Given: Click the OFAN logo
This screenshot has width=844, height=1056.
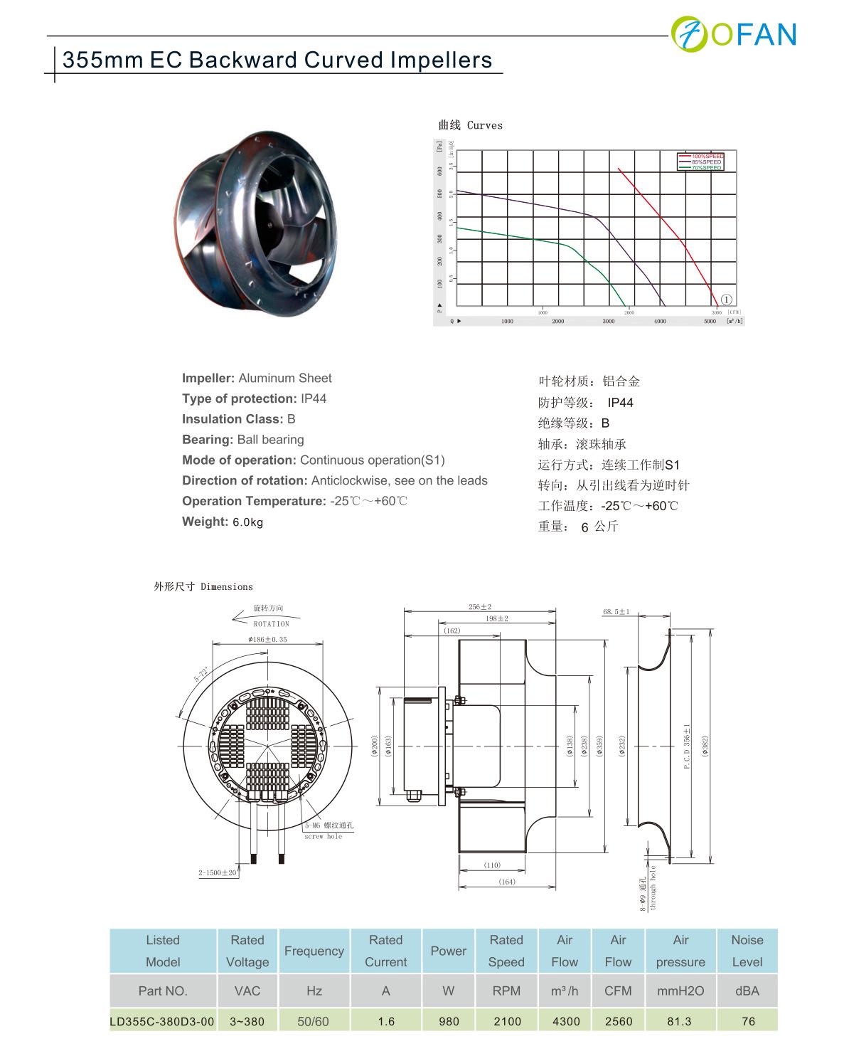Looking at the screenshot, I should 735,33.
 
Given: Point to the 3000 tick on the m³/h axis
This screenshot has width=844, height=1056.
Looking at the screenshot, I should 609,322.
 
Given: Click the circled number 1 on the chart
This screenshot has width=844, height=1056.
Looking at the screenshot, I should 727,300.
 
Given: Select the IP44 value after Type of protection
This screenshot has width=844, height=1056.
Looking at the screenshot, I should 313,398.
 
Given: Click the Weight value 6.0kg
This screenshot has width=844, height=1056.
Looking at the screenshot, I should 247,522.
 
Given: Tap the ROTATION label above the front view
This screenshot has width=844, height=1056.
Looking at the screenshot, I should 272,623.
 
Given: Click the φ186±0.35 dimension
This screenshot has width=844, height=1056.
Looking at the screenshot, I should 268,640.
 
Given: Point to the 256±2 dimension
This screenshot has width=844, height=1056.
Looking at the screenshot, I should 480,607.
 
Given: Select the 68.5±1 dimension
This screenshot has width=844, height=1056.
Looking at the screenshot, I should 616,612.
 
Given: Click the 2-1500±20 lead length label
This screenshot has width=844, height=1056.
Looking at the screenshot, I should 218,872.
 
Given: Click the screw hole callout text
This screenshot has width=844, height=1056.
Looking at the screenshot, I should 324,837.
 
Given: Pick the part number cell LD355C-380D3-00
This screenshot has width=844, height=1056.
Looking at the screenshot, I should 162,1021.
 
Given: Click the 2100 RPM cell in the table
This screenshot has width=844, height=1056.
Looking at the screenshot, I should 506,1021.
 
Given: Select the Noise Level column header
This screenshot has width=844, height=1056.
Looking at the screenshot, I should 747,951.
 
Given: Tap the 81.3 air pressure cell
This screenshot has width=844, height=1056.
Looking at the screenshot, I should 680,1021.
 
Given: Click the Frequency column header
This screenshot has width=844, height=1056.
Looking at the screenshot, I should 314,951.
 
